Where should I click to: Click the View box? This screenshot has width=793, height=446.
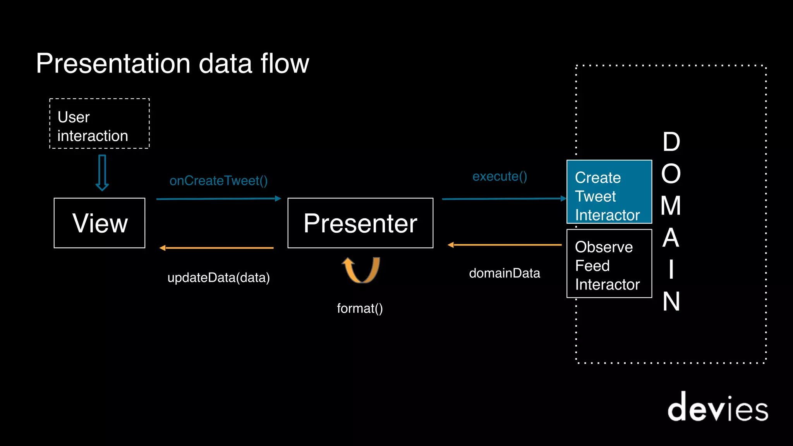(x=100, y=223)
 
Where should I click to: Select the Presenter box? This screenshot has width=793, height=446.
(x=360, y=223)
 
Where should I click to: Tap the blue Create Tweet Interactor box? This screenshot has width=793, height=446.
(x=609, y=192)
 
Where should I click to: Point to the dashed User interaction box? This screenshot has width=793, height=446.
(x=100, y=124)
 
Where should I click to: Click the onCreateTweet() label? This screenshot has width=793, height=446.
(x=218, y=181)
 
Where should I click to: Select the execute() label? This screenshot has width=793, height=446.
(x=499, y=177)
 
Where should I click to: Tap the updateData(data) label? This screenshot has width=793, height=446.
(x=218, y=278)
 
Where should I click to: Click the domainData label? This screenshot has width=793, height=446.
(x=504, y=273)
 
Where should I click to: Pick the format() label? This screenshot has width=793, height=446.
(x=360, y=309)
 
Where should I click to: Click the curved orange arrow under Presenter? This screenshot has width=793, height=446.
(x=361, y=271)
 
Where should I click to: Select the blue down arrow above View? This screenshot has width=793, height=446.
(x=102, y=173)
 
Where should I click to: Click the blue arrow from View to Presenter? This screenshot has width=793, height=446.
(x=218, y=199)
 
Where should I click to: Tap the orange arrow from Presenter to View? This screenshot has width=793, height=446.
(x=217, y=248)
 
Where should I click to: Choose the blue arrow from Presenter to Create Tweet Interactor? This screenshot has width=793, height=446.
(x=503, y=199)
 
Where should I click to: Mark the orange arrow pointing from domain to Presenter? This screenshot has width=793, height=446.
(x=505, y=245)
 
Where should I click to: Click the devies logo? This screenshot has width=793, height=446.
(x=717, y=407)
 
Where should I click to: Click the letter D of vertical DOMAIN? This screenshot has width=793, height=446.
(x=671, y=142)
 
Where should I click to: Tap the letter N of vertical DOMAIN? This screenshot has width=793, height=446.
(x=671, y=302)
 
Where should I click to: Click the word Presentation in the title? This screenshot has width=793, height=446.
(x=113, y=63)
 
